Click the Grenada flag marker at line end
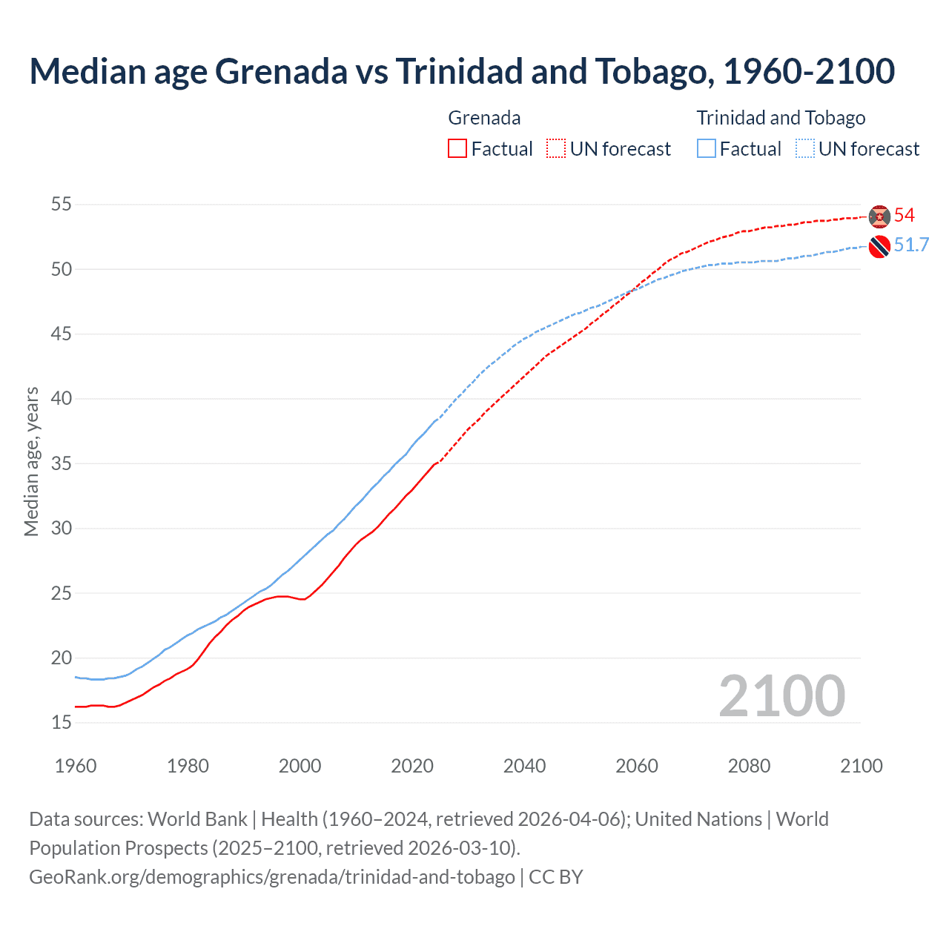879,216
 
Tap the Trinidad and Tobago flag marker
879,246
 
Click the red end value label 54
905,216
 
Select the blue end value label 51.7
911,245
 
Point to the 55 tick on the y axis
62,204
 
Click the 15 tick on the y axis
62,722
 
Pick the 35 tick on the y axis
62,463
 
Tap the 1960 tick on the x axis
76,766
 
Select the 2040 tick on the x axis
524,766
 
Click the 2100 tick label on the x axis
861,766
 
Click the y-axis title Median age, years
31,461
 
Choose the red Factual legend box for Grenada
457,149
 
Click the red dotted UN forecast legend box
556,149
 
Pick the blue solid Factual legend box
707,149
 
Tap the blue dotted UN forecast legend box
805,149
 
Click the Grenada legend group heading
484,118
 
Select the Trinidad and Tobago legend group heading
781,118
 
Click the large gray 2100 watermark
781,696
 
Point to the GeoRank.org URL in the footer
271,877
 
